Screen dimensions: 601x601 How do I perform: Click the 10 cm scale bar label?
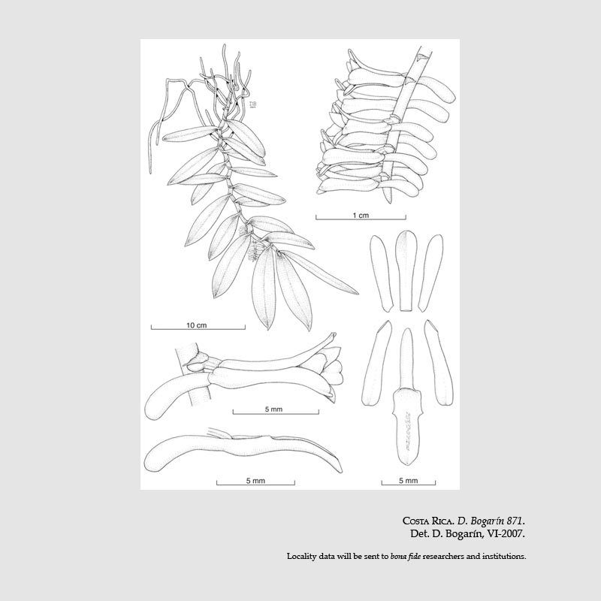[x=196, y=325]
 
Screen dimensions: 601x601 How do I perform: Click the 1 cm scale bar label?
[x=361, y=216]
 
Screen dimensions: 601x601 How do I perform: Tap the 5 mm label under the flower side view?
[x=273, y=409]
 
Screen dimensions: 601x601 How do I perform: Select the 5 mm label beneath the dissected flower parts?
[x=408, y=481]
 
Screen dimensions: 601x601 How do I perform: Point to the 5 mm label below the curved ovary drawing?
[x=255, y=481]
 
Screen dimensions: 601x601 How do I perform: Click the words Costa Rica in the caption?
[x=428, y=521]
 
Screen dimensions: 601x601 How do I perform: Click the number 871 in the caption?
[x=515, y=521]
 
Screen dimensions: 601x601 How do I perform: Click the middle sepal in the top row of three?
[x=406, y=270]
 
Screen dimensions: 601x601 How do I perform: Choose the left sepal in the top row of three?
[x=382, y=273]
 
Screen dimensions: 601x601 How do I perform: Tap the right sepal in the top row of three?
[x=430, y=273]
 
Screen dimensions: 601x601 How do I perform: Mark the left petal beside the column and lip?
[x=376, y=364]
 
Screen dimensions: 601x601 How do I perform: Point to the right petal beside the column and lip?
[x=439, y=363]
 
